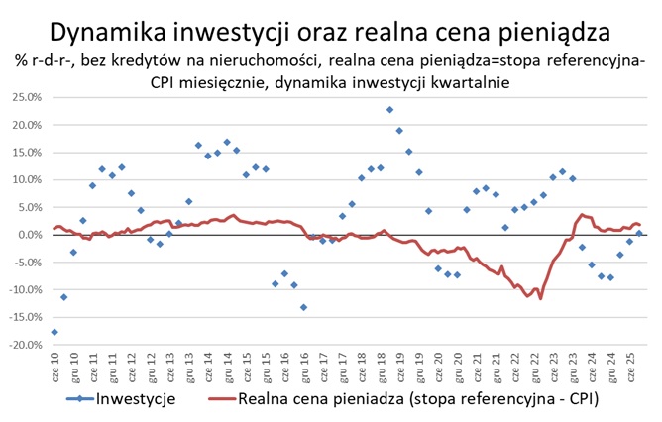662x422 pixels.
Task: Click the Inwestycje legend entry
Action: point(135,399)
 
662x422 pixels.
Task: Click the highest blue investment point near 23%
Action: point(389,110)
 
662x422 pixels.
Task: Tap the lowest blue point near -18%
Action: point(55,332)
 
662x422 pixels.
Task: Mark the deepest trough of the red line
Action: point(541,298)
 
